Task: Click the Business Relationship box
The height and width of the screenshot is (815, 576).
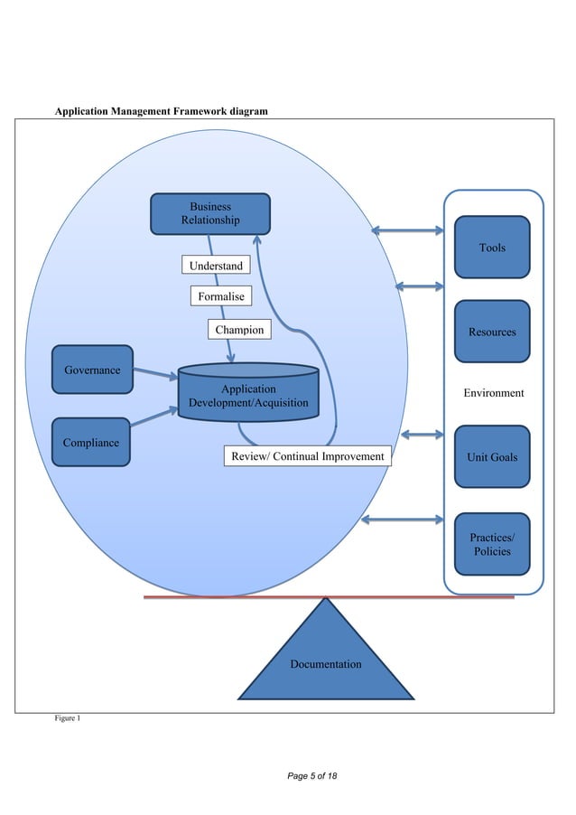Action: (x=209, y=212)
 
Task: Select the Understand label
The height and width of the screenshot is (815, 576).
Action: (x=215, y=266)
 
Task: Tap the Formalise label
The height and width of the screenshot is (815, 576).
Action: (x=221, y=296)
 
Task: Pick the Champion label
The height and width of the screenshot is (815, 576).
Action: (x=239, y=330)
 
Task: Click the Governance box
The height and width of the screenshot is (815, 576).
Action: (x=92, y=370)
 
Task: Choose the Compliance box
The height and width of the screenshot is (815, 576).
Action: (x=90, y=442)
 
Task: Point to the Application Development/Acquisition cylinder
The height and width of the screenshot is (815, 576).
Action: (x=248, y=394)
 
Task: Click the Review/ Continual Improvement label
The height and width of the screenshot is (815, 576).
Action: (x=307, y=456)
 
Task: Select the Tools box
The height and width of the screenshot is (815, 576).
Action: (x=492, y=247)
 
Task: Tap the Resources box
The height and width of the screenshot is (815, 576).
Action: (x=492, y=332)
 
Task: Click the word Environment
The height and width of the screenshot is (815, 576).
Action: (x=493, y=393)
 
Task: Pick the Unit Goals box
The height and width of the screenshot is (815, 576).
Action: (x=492, y=456)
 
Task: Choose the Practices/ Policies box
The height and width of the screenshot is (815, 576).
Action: (x=492, y=544)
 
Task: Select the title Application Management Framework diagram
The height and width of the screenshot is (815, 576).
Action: (x=162, y=111)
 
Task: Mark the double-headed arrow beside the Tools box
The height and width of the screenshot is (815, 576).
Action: (x=406, y=230)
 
